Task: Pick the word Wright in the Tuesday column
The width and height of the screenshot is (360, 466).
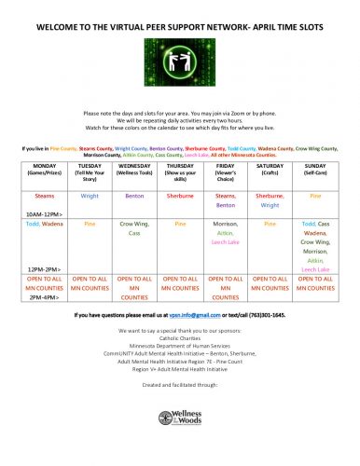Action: point(90,197)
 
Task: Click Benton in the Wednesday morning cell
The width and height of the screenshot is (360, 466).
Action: point(134,197)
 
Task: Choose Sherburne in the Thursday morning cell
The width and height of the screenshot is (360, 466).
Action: point(179,197)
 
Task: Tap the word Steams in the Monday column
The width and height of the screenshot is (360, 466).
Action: point(44,197)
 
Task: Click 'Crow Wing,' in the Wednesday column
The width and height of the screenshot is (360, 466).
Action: point(134,225)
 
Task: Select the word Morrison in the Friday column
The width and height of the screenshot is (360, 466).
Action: point(225,225)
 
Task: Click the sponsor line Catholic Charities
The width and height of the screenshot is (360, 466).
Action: point(179,337)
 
